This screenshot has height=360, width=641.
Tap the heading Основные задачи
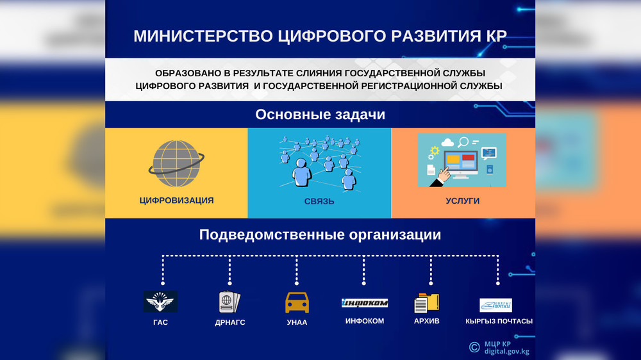tap(320, 115)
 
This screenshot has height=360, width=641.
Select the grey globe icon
tap(176, 163)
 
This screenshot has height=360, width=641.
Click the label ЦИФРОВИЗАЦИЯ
tap(177, 200)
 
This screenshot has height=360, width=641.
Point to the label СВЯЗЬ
tap(319, 201)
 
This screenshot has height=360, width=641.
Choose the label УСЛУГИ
tap(462, 200)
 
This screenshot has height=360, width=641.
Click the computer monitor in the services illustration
tap(460, 164)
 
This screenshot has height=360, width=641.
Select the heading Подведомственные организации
tap(320, 234)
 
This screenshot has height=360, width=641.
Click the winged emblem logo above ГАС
tap(160, 302)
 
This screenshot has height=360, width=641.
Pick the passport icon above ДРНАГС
tap(229, 302)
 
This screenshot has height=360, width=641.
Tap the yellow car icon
tap(297, 303)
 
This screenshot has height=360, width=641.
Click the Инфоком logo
tap(365, 303)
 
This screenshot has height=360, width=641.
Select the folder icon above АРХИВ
tap(426, 303)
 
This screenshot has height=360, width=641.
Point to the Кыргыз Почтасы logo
tap(495, 305)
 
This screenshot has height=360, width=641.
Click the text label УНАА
tap(297, 322)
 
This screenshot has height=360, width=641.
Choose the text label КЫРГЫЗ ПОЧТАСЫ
tap(499, 321)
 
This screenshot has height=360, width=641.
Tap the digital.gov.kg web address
tap(507, 352)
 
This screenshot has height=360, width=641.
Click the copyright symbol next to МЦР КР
tap(474, 347)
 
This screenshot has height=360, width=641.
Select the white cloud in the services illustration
tap(447, 142)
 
